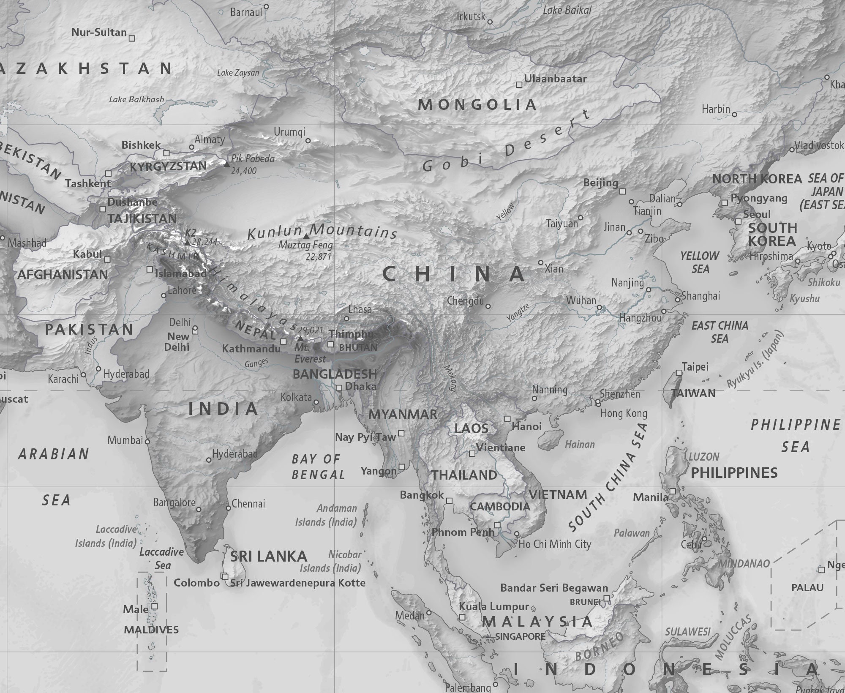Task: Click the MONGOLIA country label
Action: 477,105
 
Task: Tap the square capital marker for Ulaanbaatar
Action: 519,85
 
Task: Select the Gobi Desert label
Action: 507,144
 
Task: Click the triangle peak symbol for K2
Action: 187,243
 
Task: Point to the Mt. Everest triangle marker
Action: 300,339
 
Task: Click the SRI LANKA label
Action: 268,556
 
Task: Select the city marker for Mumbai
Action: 147,441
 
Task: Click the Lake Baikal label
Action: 567,11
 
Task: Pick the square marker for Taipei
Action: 679,373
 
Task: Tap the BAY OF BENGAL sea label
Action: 317,467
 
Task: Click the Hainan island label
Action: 580,444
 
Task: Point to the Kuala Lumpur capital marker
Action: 462,617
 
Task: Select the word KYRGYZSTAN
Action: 168,166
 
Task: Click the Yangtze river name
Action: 518,313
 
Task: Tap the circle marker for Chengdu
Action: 488,306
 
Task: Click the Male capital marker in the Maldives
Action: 155,606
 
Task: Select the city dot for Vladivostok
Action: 792,150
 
